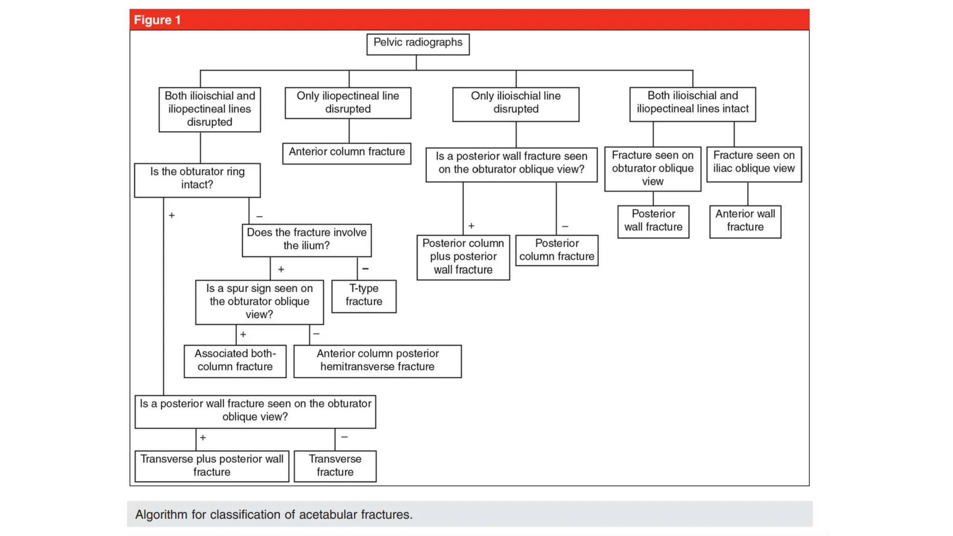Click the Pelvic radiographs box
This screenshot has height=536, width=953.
pyautogui.click(x=417, y=44)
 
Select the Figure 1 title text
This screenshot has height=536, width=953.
pyautogui.click(x=157, y=20)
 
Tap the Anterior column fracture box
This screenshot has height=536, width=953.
pyautogui.click(x=347, y=153)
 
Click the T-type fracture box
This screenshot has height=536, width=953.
pyautogui.click(x=364, y=296)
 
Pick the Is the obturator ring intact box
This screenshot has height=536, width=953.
pyautogui.click(x=197, y=179)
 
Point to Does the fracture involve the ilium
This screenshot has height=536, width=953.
pyautogui.click(x=306, y=240)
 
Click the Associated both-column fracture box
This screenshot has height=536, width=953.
pyautogui.click(x=235, y=361)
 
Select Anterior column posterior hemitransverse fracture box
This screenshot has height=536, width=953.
pyautogui.click(x=377, y=361)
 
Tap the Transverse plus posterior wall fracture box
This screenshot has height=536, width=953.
pyautogui.click(x=212, y=466)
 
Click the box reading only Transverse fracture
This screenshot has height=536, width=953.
pyautogui.click(x=335, y=466)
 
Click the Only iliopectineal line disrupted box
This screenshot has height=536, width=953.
pyautogui.click(x=348, y=103)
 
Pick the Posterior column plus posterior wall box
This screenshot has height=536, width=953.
pyautogui.click(x=463, y=257)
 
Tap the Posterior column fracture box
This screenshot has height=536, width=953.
pyautogui.click(x=557, y=250)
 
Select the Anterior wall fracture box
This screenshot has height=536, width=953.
pyautogui.click(x=745, y=221)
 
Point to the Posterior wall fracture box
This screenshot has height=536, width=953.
pyautogui.click(x=653, y=221)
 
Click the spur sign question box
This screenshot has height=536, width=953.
pyautogui.click(x=259, y=301)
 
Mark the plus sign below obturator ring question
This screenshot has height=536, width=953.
pyautogui.click(x=172, y=215)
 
